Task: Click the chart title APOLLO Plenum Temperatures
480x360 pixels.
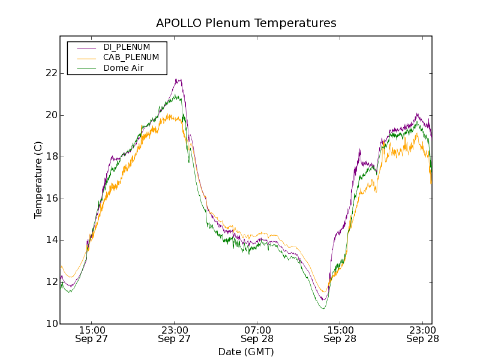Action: click(x=246, y=23)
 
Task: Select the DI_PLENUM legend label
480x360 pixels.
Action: click(x=127, y=47)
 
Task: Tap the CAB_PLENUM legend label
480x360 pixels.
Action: click(x=131, y=58)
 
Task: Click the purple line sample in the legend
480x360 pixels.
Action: click(x=85, y=47)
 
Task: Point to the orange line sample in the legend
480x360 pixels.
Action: click(x=85, y=58)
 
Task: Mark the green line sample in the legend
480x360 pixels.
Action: click(x=85, y=68)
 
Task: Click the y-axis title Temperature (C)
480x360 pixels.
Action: click(x=38, y=180)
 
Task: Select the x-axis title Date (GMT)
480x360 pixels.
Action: click(x=246, y=352)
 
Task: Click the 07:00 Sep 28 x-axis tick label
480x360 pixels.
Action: click(x=257, y=334)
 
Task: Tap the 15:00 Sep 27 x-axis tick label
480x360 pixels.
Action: click(x=91, y=334)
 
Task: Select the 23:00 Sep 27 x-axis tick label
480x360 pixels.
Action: click(x=174, y=334)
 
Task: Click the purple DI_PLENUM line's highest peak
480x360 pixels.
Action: click(x=178, y=79)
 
